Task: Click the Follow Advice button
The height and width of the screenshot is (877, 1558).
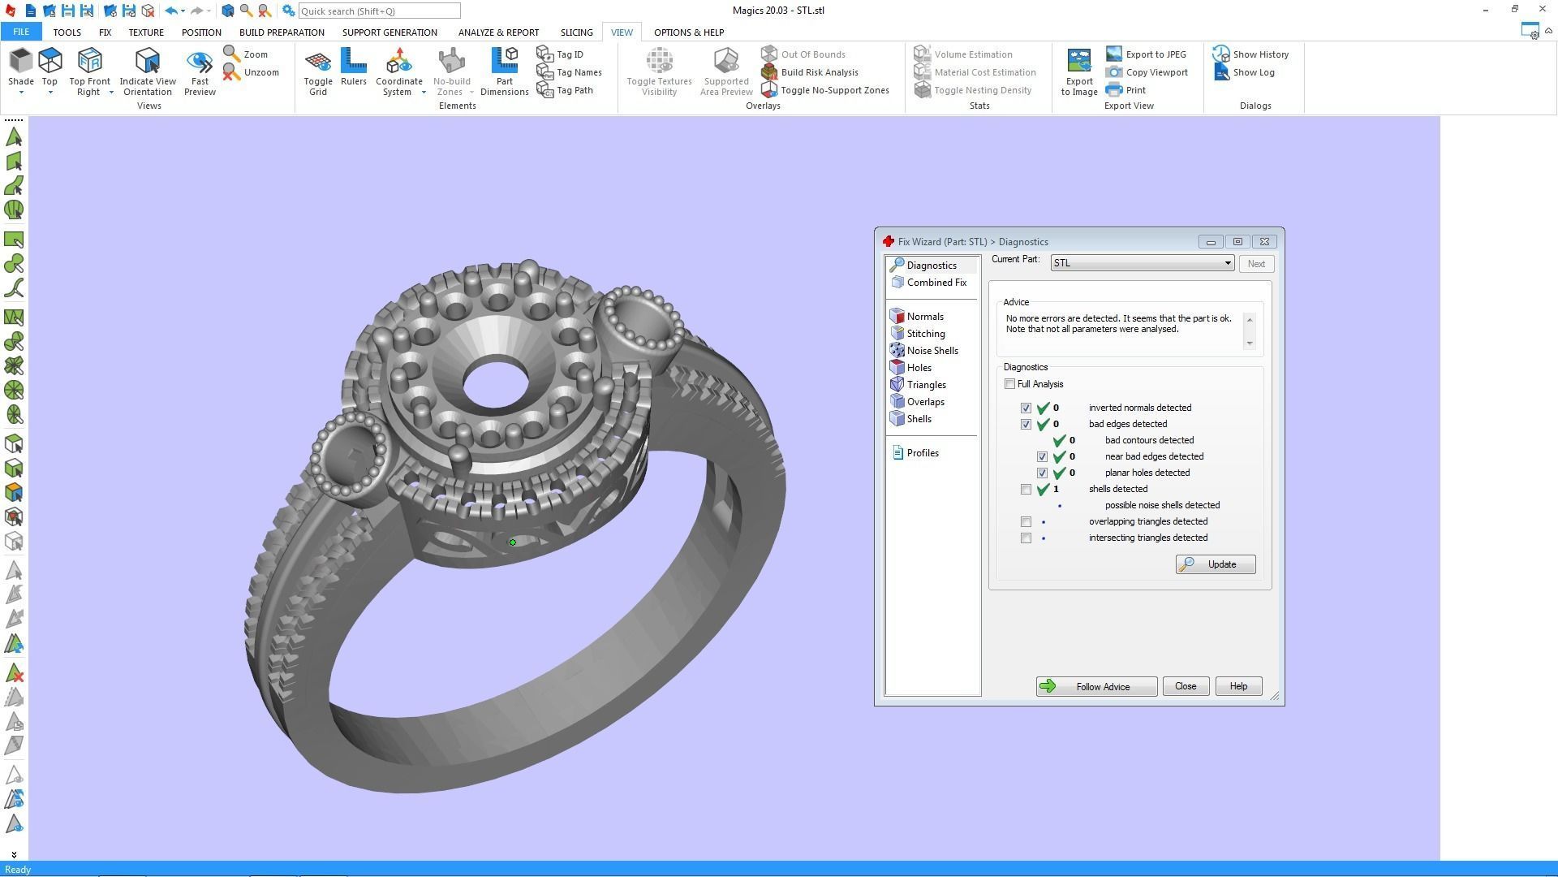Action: pos(1096,687)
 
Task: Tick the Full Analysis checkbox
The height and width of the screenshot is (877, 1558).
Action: pos(1009,384)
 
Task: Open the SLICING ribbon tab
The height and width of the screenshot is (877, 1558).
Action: pos(576,32)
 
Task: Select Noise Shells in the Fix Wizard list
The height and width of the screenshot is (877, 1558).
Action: pos(932,351)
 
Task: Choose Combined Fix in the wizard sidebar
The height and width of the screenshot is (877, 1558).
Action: pos(936,283)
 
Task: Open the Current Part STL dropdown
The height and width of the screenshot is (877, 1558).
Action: pos(1227,263)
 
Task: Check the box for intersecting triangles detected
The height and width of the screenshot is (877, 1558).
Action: pos(1026,538)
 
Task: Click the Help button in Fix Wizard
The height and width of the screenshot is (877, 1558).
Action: pos(1237,687)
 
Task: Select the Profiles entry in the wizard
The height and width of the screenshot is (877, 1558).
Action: pos(922,453)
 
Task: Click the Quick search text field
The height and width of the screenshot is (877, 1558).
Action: pos(379,11)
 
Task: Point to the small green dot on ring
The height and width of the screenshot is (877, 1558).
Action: pos(513,542)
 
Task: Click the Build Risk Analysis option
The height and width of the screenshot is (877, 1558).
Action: pos(819,72)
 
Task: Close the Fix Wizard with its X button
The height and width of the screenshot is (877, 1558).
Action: pos(1264,242)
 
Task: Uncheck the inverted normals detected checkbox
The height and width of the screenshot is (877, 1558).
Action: pos(1026,408)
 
